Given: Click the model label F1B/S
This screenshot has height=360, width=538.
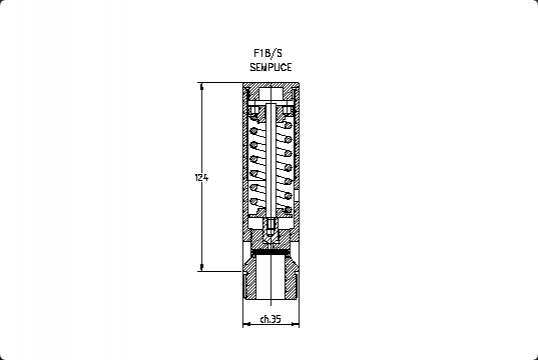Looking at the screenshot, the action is (268, 53).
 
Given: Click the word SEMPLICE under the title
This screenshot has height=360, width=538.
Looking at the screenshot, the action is (271, 67).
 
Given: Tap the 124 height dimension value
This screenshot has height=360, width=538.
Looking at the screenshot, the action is (201, 178).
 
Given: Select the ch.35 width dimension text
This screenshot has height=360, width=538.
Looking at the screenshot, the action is (270, 319).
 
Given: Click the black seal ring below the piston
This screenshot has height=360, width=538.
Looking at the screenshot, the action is (271, 252).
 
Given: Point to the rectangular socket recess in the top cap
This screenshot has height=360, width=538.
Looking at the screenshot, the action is (271, 93).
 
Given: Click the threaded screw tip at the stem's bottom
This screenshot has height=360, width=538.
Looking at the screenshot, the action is (271, 227).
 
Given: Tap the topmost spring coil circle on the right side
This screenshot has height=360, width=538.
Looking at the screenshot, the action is (288, 125).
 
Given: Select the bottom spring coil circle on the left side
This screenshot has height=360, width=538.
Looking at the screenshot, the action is (254, 201).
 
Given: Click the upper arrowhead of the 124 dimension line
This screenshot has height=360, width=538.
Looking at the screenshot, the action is (201, 86).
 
